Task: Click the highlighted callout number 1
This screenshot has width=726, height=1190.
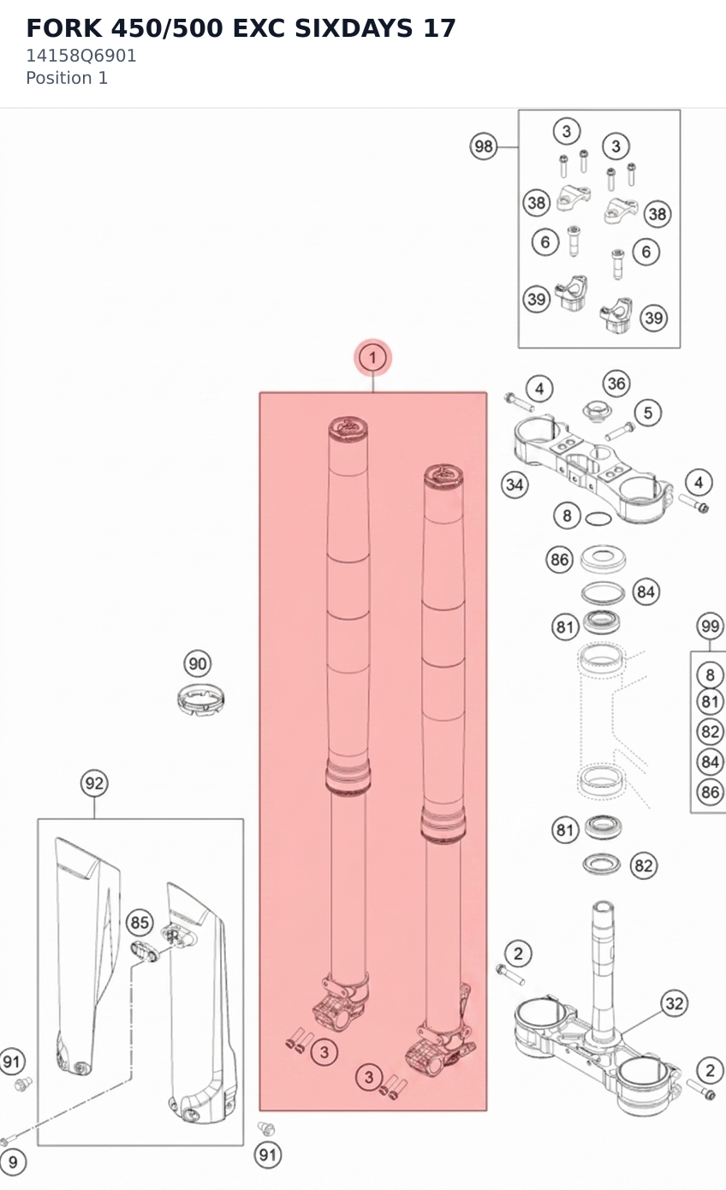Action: point(372,358)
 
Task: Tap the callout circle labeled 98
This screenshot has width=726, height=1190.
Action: point(484,146)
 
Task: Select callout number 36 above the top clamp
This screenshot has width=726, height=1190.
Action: point(616,384)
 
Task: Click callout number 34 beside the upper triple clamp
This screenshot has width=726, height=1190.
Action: point(515,485)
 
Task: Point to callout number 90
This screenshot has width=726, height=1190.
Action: point(198,663)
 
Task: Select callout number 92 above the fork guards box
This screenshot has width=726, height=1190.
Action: point(94,783)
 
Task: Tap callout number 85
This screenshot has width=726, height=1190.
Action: point(140,922)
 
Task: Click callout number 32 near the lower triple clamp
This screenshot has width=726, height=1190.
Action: point(675,1003)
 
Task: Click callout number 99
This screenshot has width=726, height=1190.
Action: point(710,627)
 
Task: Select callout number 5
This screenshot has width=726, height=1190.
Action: point(648,413)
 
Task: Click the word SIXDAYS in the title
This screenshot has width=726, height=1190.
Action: point(354,28)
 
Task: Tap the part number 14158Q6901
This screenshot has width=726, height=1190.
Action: point(81,56)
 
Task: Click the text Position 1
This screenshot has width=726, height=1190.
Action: point(67,78)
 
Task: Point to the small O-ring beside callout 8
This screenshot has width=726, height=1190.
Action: point(598,519)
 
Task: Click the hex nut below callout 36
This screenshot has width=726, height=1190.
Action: point(597,411)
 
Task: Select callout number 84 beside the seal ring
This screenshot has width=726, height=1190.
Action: point(646,592)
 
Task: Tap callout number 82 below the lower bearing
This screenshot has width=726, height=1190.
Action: point(644,866)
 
